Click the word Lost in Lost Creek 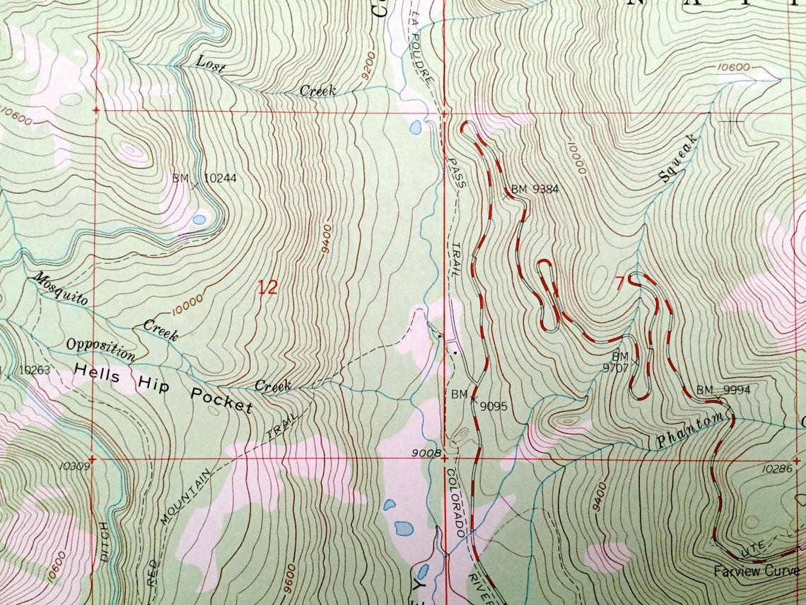tap(211, 67)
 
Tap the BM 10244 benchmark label tap(204, 179)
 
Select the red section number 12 tap(267, 287)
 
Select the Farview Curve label tap(756, 571)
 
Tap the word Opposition tap(100, 348)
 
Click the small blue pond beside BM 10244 tap(199, 220)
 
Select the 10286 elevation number tap(776, 468)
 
